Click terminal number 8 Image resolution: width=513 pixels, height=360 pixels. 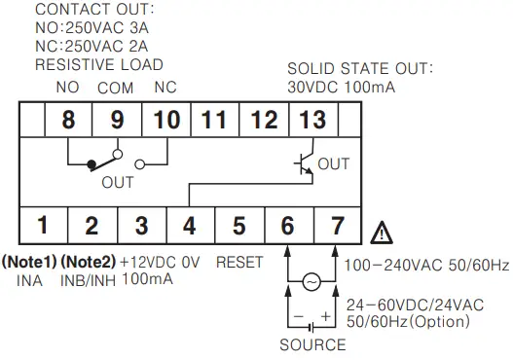(68, 121)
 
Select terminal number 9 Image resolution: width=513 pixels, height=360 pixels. (117, 121)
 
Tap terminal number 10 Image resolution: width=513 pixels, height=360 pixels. (165, 121)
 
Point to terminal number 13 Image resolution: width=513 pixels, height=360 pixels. (313, 121)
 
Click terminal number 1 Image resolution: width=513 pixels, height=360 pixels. (43, 226)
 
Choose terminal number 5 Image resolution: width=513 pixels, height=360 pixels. (238, 226)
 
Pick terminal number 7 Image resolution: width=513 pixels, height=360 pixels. (337, 226)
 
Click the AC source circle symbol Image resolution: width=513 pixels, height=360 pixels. (311, 281)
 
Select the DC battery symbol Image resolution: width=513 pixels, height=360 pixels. (311, 317)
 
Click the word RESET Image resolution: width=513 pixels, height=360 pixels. (239, 262)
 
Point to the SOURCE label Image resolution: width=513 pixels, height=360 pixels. (311, 344)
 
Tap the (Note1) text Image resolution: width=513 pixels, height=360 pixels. (29, 262)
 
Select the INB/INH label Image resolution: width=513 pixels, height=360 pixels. (88, 279)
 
